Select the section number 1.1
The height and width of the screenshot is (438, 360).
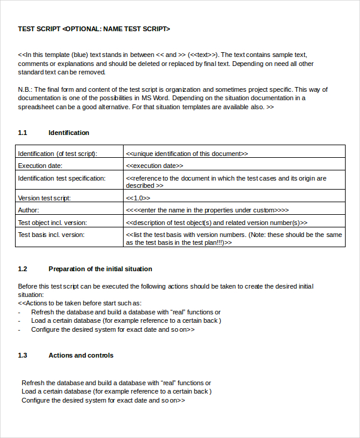click(23, 133)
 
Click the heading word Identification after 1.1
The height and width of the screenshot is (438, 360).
click(68, 133)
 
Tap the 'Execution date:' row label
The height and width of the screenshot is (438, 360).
click(40, 166)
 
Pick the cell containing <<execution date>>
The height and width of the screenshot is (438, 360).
click(155, 166)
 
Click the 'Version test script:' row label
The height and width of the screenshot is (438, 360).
click(44, 198)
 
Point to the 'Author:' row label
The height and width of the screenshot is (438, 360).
click(28, 210)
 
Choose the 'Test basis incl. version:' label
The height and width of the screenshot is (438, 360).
click(51, 235)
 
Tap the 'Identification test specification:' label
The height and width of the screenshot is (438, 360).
click(61, 178)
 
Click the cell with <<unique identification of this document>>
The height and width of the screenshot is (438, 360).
click(187, 154)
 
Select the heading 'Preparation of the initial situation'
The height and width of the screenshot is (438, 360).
click(100, 269)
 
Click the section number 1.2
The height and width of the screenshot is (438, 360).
click(23, 269)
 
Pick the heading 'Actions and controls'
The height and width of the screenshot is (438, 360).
click(80, 355)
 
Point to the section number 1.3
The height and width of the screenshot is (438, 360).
click(23, 355)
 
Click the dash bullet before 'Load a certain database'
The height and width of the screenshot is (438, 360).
click(19, 320)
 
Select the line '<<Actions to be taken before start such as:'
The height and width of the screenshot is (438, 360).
click(80, 304)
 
